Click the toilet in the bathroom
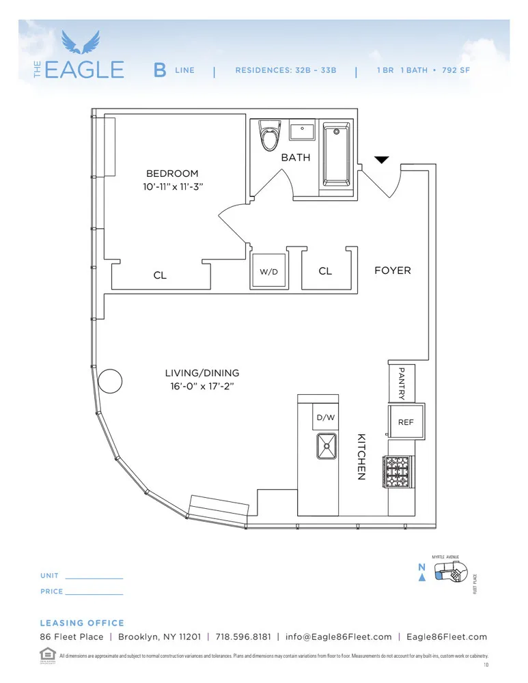[x=270, y=135]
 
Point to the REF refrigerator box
[x=406, y=423]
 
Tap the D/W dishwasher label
[x=324, y=417]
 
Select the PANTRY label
[x=402, y=383]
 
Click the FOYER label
[x=393, y=270]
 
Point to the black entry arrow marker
[x=382, y=160]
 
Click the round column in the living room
[x=109, y=380]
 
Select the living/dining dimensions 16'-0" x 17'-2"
[x=202, y=387]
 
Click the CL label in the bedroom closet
[x=160, y=275]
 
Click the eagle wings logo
[x=81, y=42]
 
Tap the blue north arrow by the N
[x=422, y=578]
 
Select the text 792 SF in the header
[x=456, y=70]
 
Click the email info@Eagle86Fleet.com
[x=339, y=637]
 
